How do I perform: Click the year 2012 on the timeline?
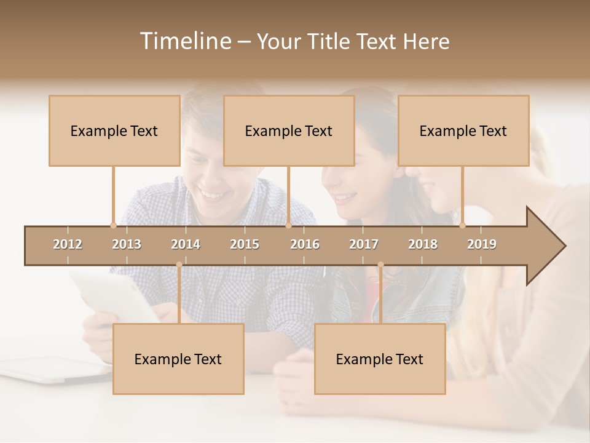[x=68, y=244]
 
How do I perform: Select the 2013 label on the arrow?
[x=127, y=244]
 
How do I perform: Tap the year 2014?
[x=186, y=244]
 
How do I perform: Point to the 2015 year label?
[x=245, y=244]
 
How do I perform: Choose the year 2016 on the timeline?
[x=305, y=244]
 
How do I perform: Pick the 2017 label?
[x=364, y=244]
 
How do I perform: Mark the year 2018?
[x=423, y=244]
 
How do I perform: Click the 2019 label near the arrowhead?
[x=482, y=244]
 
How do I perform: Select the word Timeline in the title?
[x=185, y=41]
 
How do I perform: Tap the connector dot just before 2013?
[x=113, y=225]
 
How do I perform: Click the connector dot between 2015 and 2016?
[x=288, y=225]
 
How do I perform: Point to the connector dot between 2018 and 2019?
[x=463, y=225]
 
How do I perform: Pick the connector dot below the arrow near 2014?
[x=179, y=265]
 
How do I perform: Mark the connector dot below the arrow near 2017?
[x=380, y=265]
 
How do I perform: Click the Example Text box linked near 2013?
[x=114, y=130]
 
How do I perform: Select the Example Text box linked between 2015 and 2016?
[x=289, y=130]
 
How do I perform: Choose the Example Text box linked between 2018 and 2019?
[x=463, y=130]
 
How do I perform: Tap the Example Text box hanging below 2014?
[x=178, y=359]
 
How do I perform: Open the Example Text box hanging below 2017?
[x=380, y=359]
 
